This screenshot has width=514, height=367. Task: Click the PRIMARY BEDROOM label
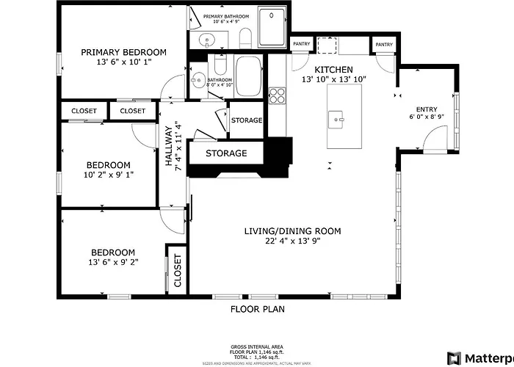pos(123,52)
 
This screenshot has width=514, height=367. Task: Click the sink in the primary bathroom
pos(203,40)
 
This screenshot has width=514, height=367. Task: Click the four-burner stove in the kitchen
pos(278,95)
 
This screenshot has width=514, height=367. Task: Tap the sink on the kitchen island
pos(336,117)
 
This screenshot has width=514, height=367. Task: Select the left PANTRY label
pos(301,45)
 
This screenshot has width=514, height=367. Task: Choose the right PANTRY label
pos(384,45)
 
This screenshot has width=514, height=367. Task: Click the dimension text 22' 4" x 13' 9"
pos(292,241)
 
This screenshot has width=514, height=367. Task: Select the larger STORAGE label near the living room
pos(225,153)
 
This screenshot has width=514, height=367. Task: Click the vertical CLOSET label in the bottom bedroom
pos(177,271)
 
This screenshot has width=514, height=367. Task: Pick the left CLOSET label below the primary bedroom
pos(84,111)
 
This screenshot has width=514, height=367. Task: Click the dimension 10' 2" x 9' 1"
pos(109,175)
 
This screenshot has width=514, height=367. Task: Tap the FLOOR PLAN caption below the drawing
pos(257,309)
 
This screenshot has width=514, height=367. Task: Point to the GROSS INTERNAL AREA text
pos(257,346)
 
